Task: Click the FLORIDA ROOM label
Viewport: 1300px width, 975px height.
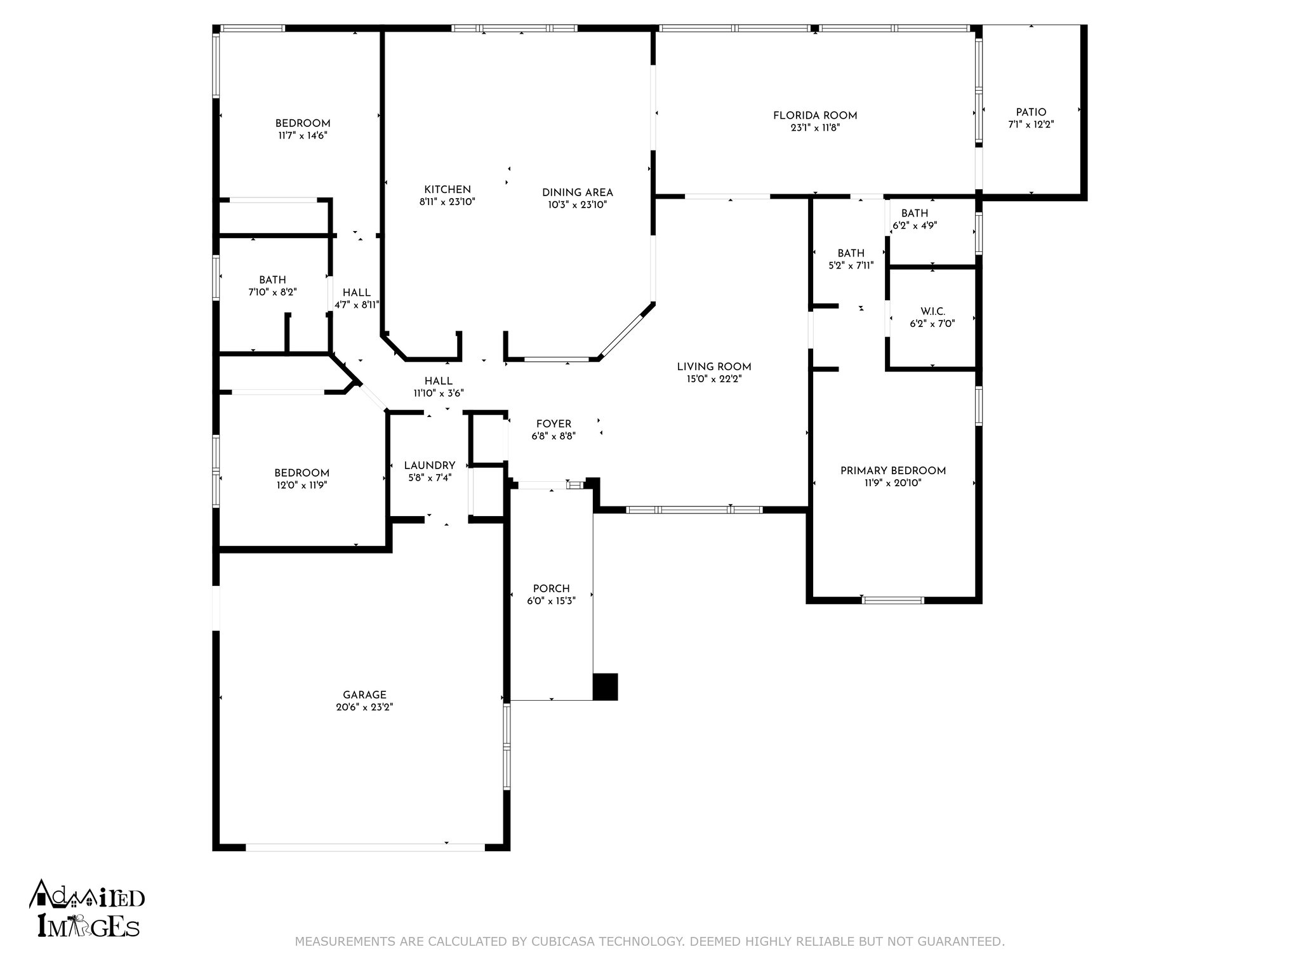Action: (x=815, y=116)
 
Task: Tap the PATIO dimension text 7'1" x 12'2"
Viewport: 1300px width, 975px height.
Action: (x=1031, y=125)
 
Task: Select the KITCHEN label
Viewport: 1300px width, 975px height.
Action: (x=448, y=189)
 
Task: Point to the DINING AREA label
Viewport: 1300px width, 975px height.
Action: (x=578, y=192)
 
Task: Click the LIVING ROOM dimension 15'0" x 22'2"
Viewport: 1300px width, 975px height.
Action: (x=713, y=379)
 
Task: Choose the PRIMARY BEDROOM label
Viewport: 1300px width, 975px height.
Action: (x=893, y=470)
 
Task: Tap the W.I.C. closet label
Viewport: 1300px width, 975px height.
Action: (x=932, y=311)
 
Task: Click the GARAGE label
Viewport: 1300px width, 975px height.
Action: (x=364, y=695)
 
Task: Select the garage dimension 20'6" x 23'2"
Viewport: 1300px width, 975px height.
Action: (x=364, y=707)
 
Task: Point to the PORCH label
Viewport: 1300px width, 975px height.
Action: (x=551, y=588)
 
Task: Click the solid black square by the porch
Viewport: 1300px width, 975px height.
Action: (x=605, y=687)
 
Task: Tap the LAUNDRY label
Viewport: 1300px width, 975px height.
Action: (x=430, y=465)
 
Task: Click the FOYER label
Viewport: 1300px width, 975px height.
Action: (x=554, y=424)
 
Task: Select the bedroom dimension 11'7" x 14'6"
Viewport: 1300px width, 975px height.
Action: (x=302, y=135)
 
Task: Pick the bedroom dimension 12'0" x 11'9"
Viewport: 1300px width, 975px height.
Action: (x=302, y=485)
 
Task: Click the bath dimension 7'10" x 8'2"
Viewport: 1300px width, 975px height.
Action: (x=272, y=292)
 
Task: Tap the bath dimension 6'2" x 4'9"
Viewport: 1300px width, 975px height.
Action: (x=915, y=225)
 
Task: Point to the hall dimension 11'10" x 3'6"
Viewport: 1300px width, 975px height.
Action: (x=439, y=393)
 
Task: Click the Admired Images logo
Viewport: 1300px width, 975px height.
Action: (x=87, y=909)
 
